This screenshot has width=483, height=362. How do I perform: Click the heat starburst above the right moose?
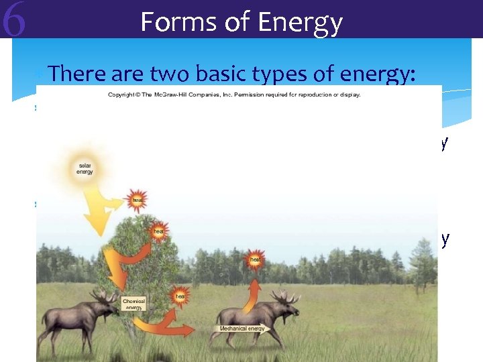tap(256, 259)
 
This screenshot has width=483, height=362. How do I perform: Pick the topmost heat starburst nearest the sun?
tap(136, 200)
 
